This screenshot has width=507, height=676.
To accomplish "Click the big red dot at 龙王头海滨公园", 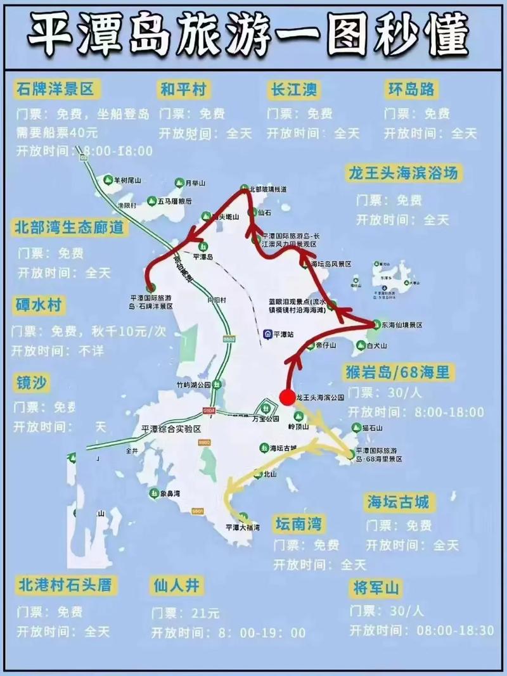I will [287, 397].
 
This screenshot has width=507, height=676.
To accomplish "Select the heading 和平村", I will [184, 90].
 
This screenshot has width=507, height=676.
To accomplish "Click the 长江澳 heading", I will [292, 90].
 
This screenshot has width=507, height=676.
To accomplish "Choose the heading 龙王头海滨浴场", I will [403, 174].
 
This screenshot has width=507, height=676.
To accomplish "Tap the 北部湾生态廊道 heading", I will [68, 227].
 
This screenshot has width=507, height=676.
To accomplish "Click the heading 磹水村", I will [39, 305].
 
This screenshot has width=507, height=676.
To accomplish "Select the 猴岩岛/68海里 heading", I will [398, 371].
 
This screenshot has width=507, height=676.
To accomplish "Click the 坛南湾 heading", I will [298, 523].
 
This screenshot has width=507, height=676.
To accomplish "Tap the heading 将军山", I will [376, 588].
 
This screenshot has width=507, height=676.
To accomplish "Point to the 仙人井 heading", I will [176, 585].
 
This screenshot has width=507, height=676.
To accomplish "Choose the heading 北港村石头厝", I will [65, 584].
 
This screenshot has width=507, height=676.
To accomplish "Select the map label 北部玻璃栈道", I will [268, 189].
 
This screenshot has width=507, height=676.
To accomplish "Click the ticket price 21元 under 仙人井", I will [205, 613].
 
